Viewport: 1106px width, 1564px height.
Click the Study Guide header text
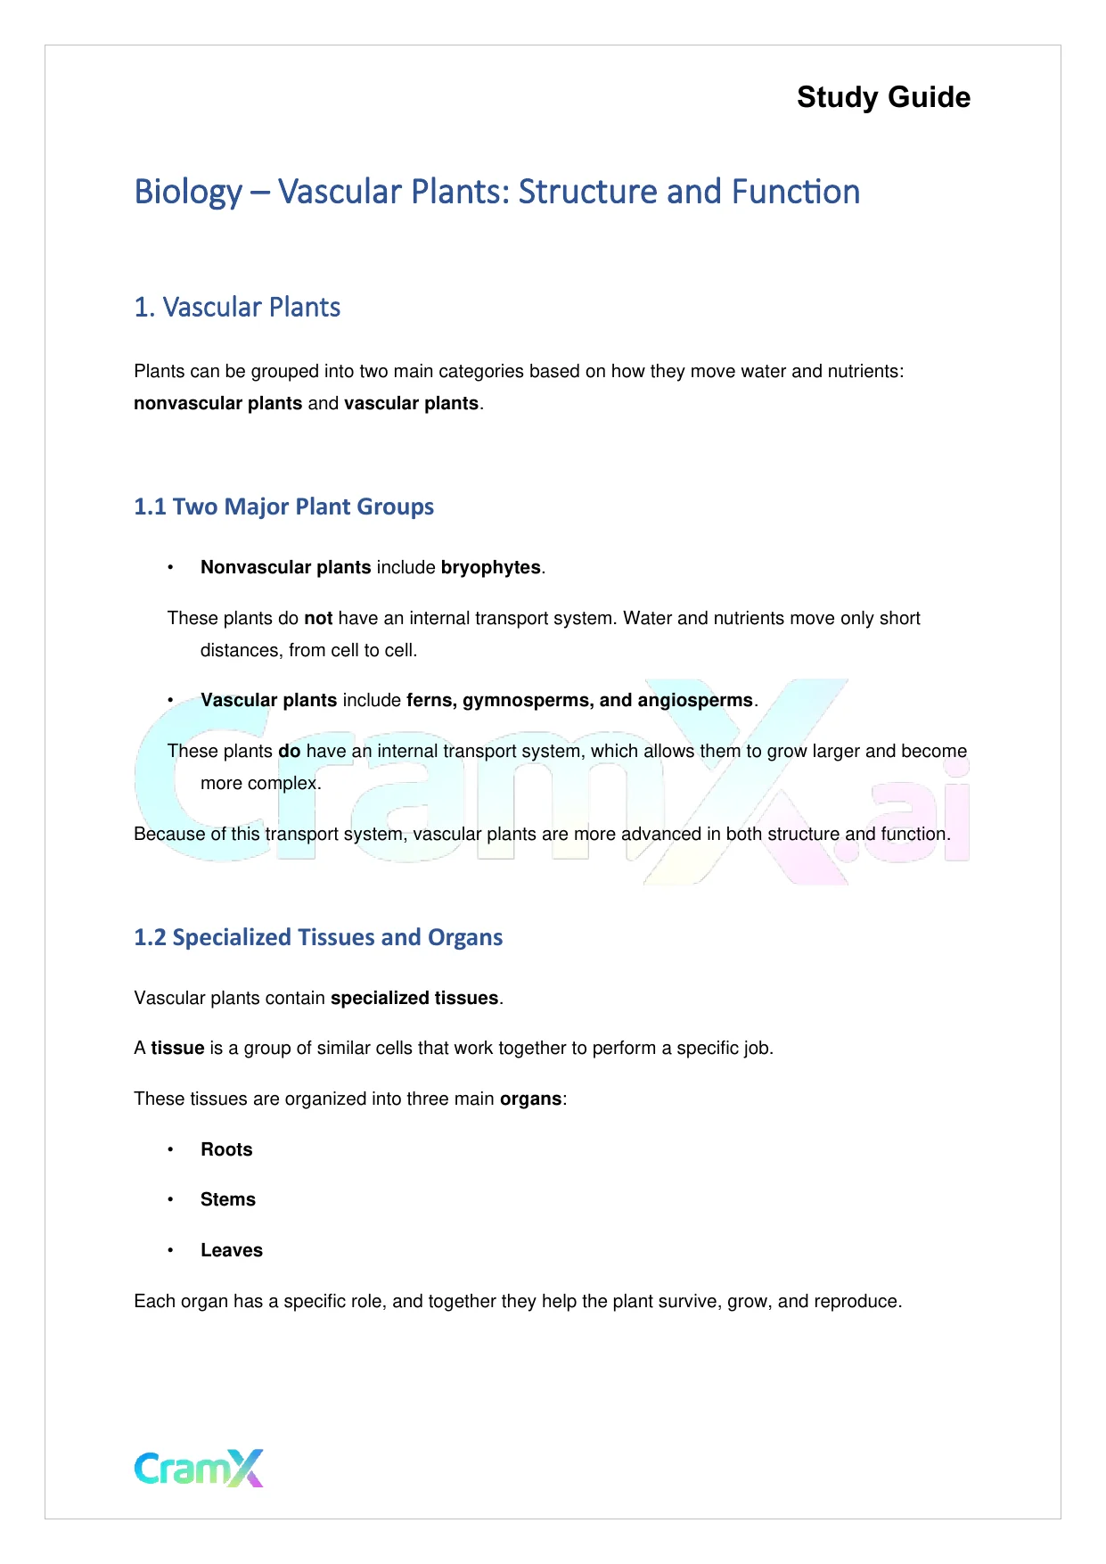883,97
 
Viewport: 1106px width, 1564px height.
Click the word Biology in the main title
188,193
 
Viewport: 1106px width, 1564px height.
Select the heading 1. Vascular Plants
237,308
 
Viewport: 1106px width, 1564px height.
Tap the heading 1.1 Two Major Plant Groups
283,506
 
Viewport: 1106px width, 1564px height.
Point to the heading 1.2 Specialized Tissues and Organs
318,937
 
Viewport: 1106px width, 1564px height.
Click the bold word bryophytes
490,568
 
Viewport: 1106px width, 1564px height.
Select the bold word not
318,619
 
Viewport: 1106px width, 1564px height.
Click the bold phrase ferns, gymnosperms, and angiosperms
579,701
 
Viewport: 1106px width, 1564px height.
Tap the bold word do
290,752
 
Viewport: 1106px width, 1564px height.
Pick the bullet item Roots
226,1150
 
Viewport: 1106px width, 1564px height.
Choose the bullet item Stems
228,1200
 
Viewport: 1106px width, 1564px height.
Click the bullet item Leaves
232,1251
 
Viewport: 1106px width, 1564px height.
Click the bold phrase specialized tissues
414,999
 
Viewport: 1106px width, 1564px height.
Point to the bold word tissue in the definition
177,1049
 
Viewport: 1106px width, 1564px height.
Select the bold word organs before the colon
530,1099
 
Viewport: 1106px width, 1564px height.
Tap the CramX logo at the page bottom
199,1469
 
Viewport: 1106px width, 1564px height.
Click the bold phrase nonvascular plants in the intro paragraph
217,404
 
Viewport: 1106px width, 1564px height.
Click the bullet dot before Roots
170,1150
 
